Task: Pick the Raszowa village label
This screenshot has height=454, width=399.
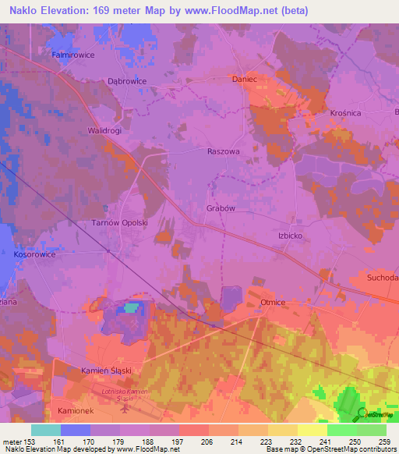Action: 224,152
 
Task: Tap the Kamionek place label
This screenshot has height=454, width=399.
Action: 76,410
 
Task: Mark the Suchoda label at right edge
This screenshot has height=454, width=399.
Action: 382,278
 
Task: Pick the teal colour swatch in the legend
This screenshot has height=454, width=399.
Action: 46,430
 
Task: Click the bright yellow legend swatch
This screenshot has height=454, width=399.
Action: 312,430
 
